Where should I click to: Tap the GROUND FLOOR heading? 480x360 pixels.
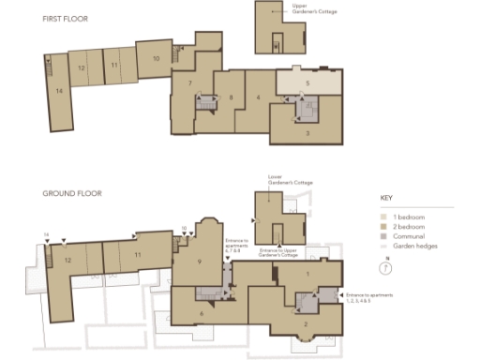tap(72, 194)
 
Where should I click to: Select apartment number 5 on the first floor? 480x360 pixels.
tap(307, 82)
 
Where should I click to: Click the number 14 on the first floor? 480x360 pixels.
tap(58, 90)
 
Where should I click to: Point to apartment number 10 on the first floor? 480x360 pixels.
tap(156, 59)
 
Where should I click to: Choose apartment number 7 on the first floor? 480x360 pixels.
tap(190, 84)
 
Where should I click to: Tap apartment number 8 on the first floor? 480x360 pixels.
tap(231, 97)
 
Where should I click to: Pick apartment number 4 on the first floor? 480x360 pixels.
tap(258, 97)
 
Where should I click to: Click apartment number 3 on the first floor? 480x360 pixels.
tap(307, 133)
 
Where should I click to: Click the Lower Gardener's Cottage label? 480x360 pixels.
tap(282, 178)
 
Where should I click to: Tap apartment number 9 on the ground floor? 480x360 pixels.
tap(200, 262)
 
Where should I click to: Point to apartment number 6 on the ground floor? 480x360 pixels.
tap(201, 313)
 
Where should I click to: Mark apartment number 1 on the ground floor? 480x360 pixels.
tap(307, 273)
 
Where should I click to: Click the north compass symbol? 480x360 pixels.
tap(388, 266)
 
